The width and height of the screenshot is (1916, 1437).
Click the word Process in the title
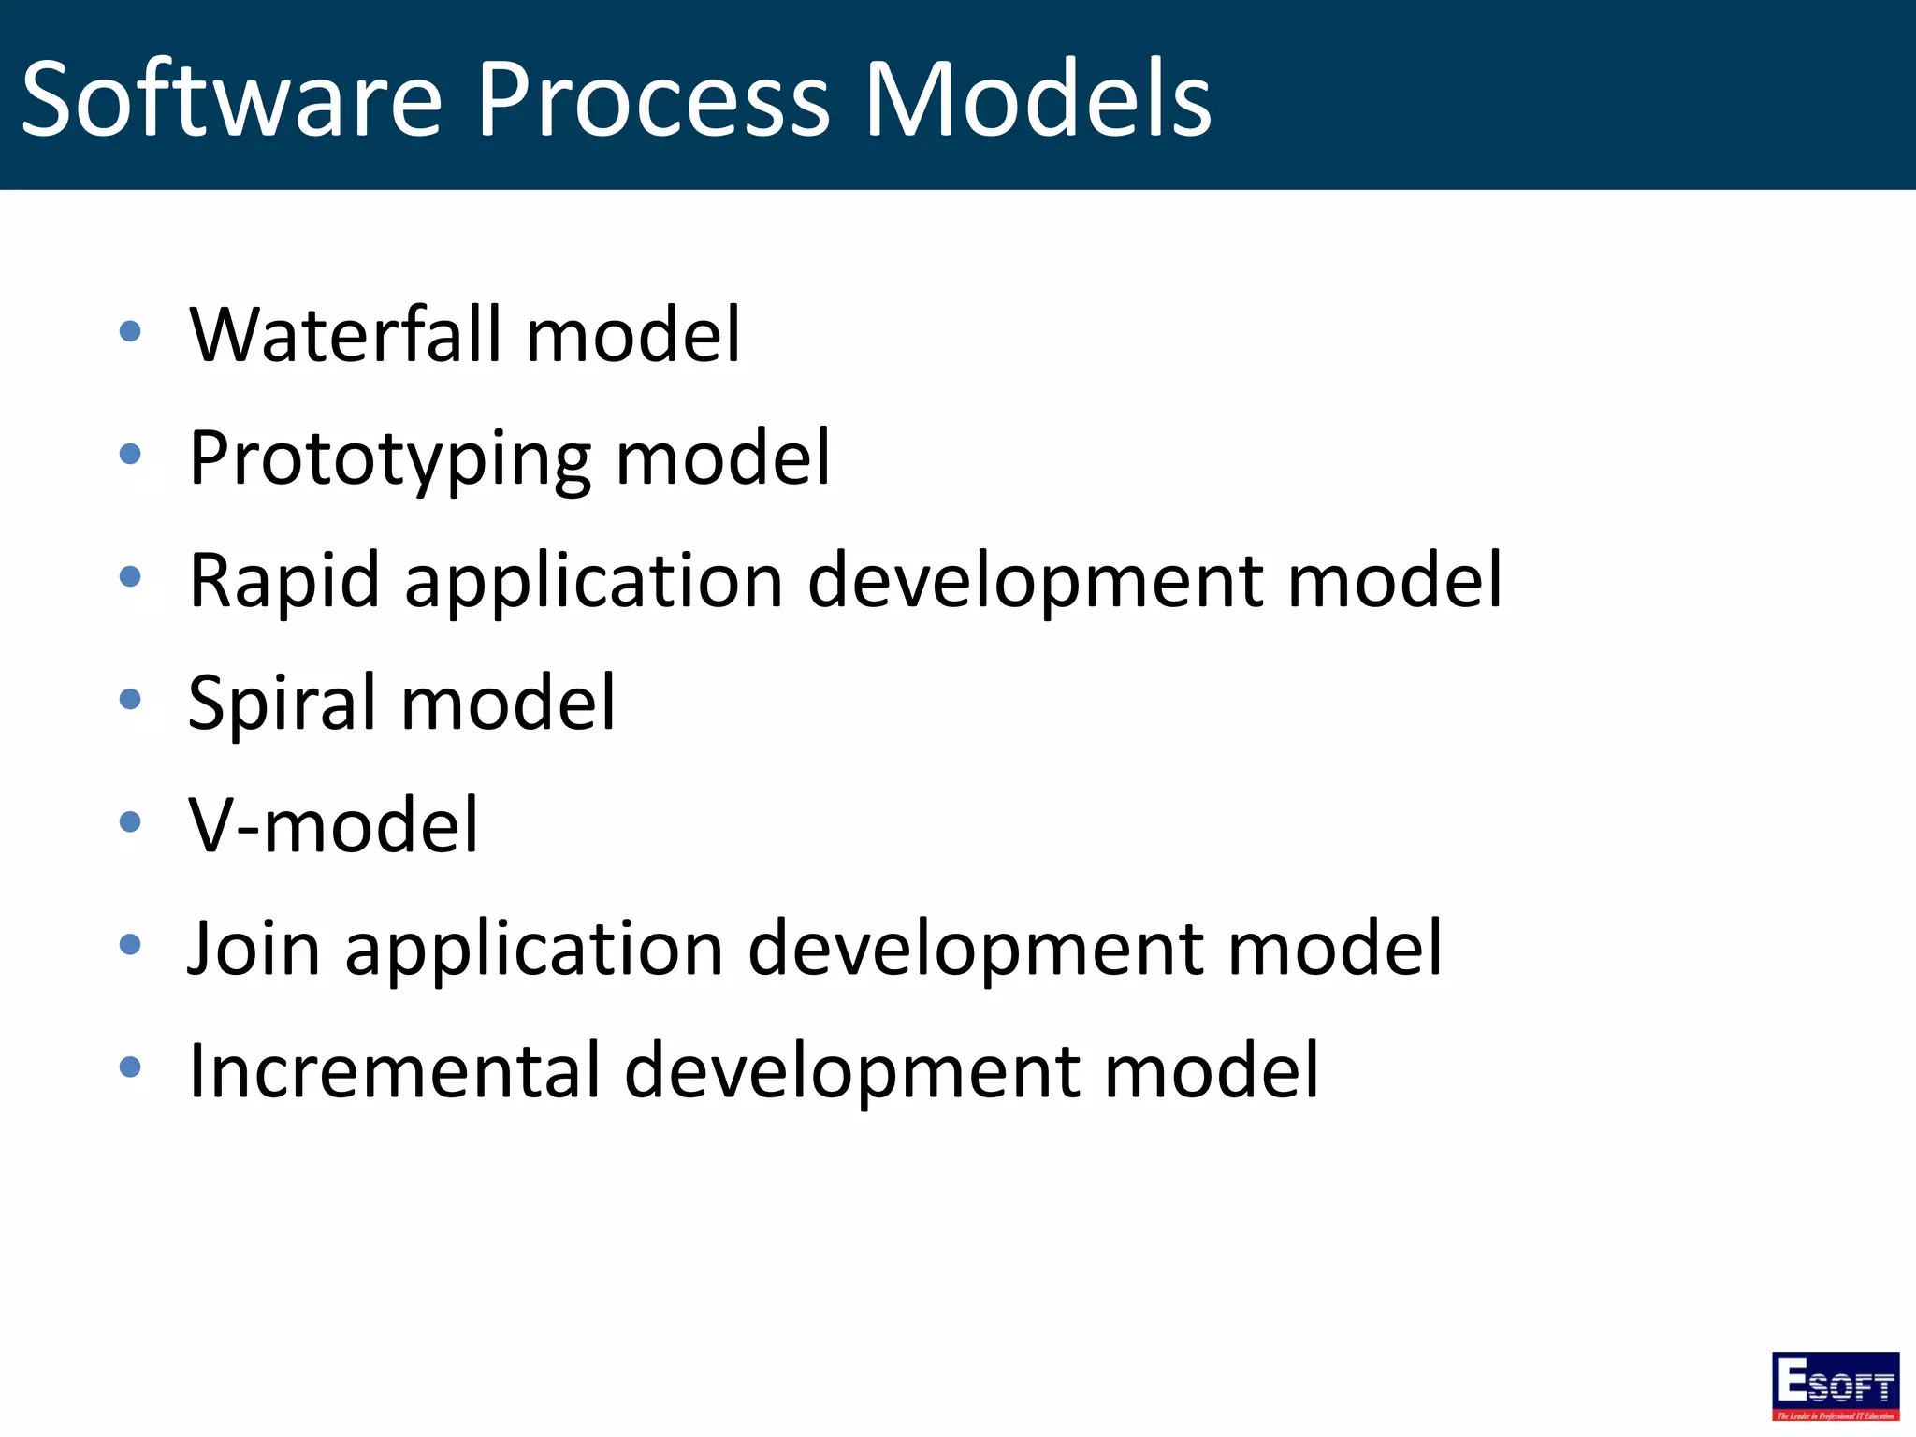(653, 99)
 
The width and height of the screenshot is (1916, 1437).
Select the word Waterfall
(345, 334)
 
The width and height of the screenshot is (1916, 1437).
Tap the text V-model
(333, 825)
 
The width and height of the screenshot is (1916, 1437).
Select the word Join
(254, 949)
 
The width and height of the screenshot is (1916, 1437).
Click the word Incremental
(394, 1070)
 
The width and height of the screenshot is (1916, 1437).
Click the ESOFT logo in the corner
(1835, 1386)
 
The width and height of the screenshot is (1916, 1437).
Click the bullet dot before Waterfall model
(130, 331)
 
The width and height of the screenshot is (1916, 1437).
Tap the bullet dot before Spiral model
(130, 699)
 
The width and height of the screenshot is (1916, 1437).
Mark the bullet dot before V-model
(130, 821)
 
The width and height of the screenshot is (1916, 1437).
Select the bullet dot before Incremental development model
(130, 1067)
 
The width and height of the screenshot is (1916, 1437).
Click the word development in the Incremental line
(851, 1070)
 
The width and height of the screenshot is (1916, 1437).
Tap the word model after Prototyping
(722, 458)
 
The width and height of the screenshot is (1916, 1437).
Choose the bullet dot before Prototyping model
(130, 455)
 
